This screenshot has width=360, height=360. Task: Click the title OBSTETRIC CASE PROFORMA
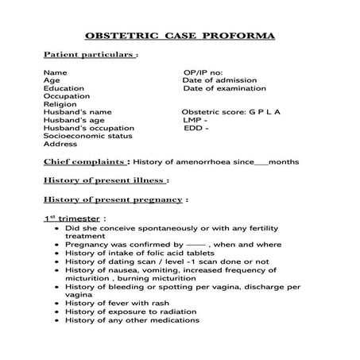click(x=180, y=37)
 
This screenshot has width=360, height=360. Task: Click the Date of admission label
click(x=217, y=80)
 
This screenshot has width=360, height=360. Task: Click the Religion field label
click(x=60, y=104)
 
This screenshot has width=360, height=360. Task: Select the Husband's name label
click(x=78, y=112)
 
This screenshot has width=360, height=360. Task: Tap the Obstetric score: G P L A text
click(x=230, y=112)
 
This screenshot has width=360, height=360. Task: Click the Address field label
click(x=60, y=145)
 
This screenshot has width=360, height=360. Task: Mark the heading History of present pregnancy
click(x=114, y=199)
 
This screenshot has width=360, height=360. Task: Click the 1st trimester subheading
click(x=73, y=217)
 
